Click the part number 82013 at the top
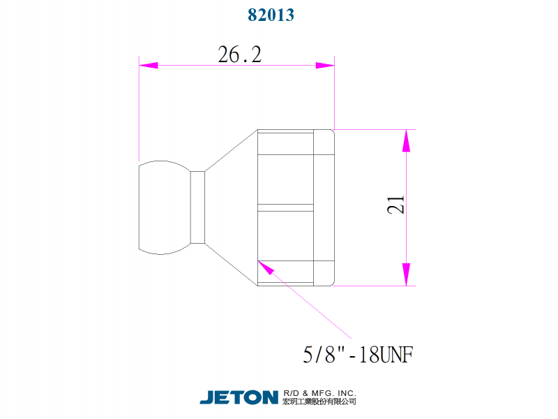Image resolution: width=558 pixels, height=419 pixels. (271, 15)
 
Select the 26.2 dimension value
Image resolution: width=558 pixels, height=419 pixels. (239, 55)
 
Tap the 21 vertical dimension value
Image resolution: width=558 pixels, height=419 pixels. (396, 205)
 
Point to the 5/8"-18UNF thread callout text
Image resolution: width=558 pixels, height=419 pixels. (359, 355)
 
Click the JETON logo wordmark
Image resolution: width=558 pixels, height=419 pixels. (239, 397)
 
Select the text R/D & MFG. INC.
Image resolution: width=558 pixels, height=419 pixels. (320, 392)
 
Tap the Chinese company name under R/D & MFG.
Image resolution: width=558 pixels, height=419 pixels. (320, 402)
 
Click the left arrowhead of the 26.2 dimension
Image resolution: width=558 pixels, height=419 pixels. (148, 66)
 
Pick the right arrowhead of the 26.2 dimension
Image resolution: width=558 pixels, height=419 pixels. (325, 66)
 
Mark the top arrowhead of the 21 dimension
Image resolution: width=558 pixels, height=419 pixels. (406, 140)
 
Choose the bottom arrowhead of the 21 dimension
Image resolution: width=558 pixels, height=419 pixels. (406, 275)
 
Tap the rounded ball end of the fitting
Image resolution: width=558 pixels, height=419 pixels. (163, 207)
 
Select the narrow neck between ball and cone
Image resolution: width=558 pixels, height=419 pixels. (198, 207)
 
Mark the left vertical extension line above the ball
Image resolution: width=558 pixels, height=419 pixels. (139, 112)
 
